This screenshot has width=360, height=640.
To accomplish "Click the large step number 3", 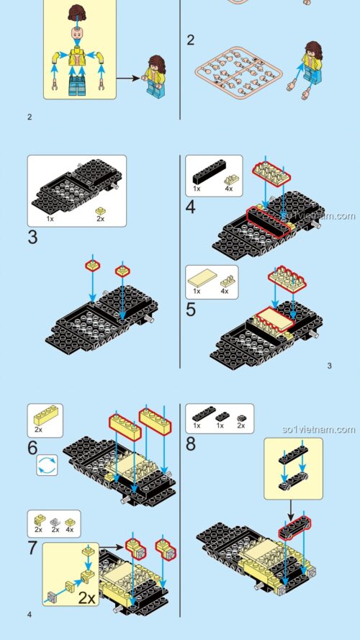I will [33, 237].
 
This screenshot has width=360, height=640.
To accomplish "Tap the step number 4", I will [191, 208].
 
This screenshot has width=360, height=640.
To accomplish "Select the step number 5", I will [191, 310].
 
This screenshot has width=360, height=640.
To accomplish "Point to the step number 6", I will [33, 447].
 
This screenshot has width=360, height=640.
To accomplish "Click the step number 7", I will [33, 547].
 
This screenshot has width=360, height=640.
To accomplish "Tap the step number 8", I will [191, 444].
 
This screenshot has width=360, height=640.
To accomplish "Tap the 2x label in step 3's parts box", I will [100, 217].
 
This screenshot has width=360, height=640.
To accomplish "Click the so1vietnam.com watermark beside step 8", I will [319, 430].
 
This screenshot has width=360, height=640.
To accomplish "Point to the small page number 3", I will [329, 366].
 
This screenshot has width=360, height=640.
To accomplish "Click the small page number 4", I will [30, 614].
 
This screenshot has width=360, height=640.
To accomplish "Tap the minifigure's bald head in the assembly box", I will [76, 34].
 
